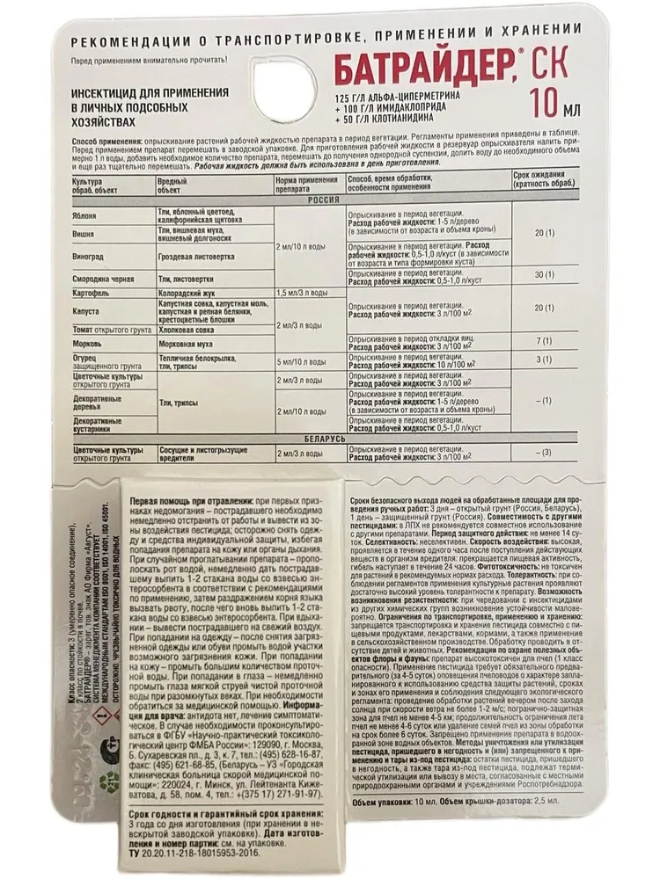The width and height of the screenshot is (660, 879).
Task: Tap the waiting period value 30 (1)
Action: pyautogui.click(x=546, y=274)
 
